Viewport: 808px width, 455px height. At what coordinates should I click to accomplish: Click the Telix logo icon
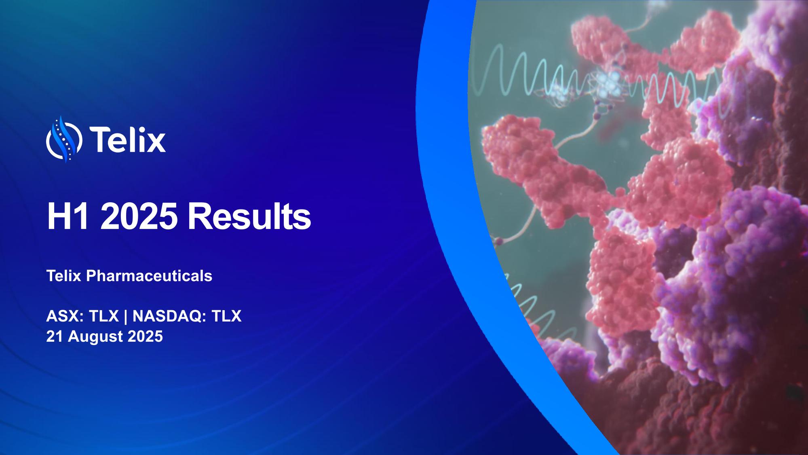[x=64, y=139]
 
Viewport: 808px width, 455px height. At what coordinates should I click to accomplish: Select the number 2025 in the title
[x=139, y=217]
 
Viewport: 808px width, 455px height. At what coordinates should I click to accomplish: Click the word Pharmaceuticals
[x=149, y=276]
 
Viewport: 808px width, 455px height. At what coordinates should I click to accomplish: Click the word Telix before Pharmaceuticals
[x=64, y=276]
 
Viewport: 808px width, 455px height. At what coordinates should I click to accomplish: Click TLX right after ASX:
[x=104, y=316]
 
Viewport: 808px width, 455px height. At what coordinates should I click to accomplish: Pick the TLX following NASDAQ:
[x=226, y=316]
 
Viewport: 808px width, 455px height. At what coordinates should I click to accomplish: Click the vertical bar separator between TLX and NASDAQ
[x=126, y=316]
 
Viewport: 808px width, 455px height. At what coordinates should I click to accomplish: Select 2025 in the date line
[x=145, y=336]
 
